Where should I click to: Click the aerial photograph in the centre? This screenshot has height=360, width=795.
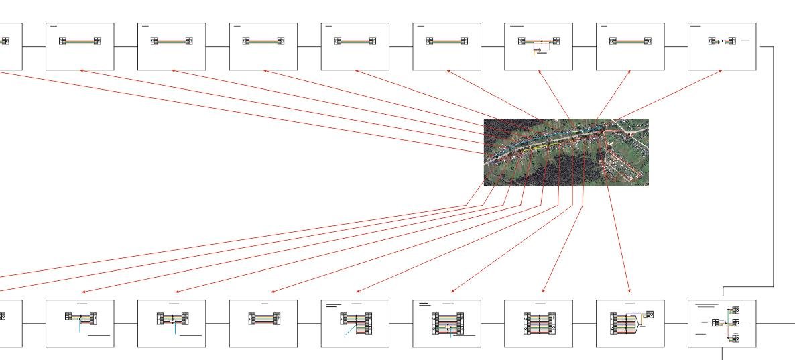pyautogui.click(x=566, y=152)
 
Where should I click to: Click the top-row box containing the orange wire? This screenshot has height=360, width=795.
pyautogui.click(x=538, y=46)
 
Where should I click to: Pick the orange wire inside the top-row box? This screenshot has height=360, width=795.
pyautogui.click(x=535, y=52)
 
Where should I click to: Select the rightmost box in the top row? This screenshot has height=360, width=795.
pyautogui.click(x=722, y=46)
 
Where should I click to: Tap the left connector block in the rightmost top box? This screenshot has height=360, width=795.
pyautogui.click(x=713, y=41)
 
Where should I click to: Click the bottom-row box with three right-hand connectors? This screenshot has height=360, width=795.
pyautogui.click(x=722, y=323)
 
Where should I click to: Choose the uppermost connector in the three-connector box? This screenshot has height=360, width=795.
pyautogui.click(x=735, y=310)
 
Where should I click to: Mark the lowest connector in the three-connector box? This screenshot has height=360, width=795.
pyautogui.click(x=735, y=338)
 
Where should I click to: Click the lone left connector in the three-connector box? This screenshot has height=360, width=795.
pyautogui.click(x=715, y=322)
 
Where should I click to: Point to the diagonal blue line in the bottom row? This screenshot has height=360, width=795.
pyautogui.click(x=350, y=331)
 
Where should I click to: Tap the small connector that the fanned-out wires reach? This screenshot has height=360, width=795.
pyautogui.click(x=649, y=314)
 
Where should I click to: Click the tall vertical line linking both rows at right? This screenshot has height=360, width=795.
pyautogui.click(x=773, y=168)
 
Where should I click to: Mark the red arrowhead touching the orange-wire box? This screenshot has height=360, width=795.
pyautogui.click(x=540, y=71)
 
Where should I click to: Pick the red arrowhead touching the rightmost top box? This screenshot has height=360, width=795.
pyautogui.click(x=721, y=71)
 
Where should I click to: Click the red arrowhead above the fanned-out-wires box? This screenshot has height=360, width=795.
pyautogui.click(x=629, y=292)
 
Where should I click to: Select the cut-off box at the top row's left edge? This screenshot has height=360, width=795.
pyautogui.click(x=10, y=46)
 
